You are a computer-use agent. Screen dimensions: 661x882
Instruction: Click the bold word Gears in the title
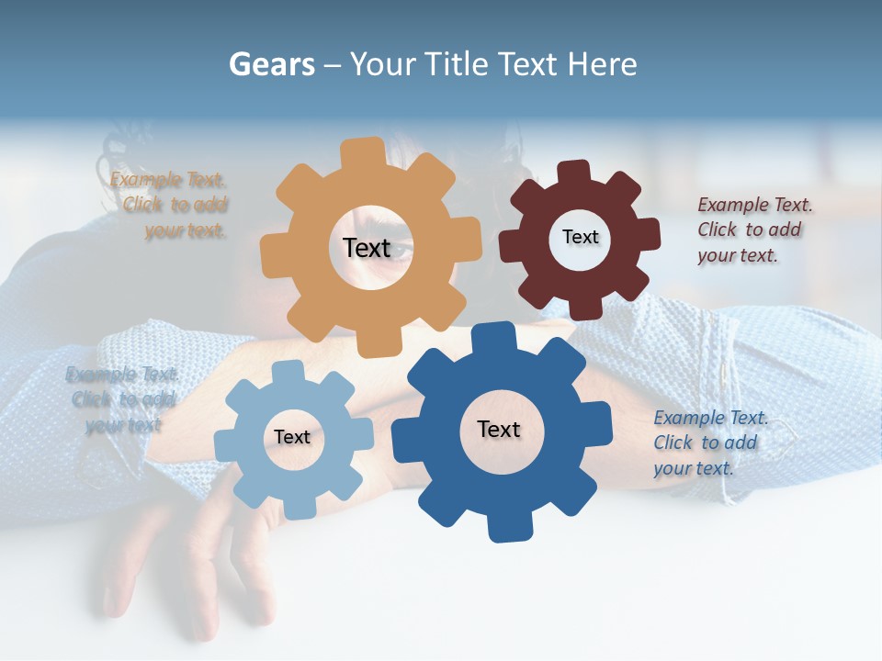point(271,64)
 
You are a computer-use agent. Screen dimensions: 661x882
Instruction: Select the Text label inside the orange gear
point(367,248)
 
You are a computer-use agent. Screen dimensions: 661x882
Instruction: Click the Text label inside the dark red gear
point(580,237)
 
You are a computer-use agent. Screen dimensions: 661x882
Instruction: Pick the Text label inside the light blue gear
point(292,437)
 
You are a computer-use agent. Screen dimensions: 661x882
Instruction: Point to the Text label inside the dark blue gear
point(499,429)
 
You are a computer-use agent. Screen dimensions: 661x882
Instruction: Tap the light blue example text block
point(122,399)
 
